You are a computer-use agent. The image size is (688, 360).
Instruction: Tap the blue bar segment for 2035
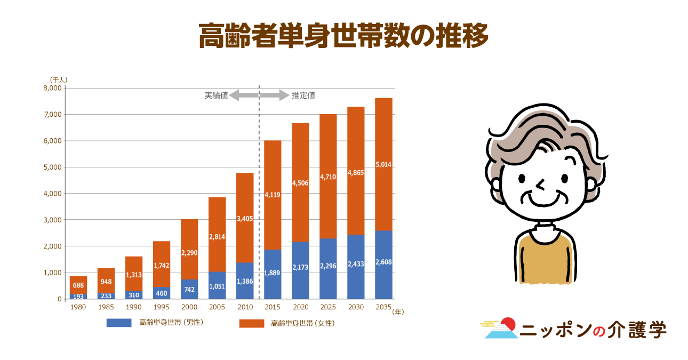tap(383, 265)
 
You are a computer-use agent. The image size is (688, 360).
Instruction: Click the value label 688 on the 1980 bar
tap(78, 285)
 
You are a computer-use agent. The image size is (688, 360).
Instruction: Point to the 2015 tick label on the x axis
tap(273, 307)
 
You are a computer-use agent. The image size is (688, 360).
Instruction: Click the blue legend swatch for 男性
tap(119, 323)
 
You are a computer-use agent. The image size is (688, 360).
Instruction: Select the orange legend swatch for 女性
tap(251, 323)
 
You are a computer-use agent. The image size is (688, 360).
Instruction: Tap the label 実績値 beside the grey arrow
tap(216, 96)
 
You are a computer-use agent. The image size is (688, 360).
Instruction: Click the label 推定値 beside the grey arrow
tap(303, 96)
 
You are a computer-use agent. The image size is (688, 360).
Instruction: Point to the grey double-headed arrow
tap(259, 96)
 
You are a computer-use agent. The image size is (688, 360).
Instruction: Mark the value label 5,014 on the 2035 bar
tap(383, 165)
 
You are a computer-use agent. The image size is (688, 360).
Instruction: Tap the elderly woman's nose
tap(541, 185)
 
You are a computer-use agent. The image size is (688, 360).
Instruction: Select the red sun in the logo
tap(508, 324)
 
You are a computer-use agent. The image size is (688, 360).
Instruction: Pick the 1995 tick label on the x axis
tap(162, 307)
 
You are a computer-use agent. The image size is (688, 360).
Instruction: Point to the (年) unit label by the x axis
tap(398, 312)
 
